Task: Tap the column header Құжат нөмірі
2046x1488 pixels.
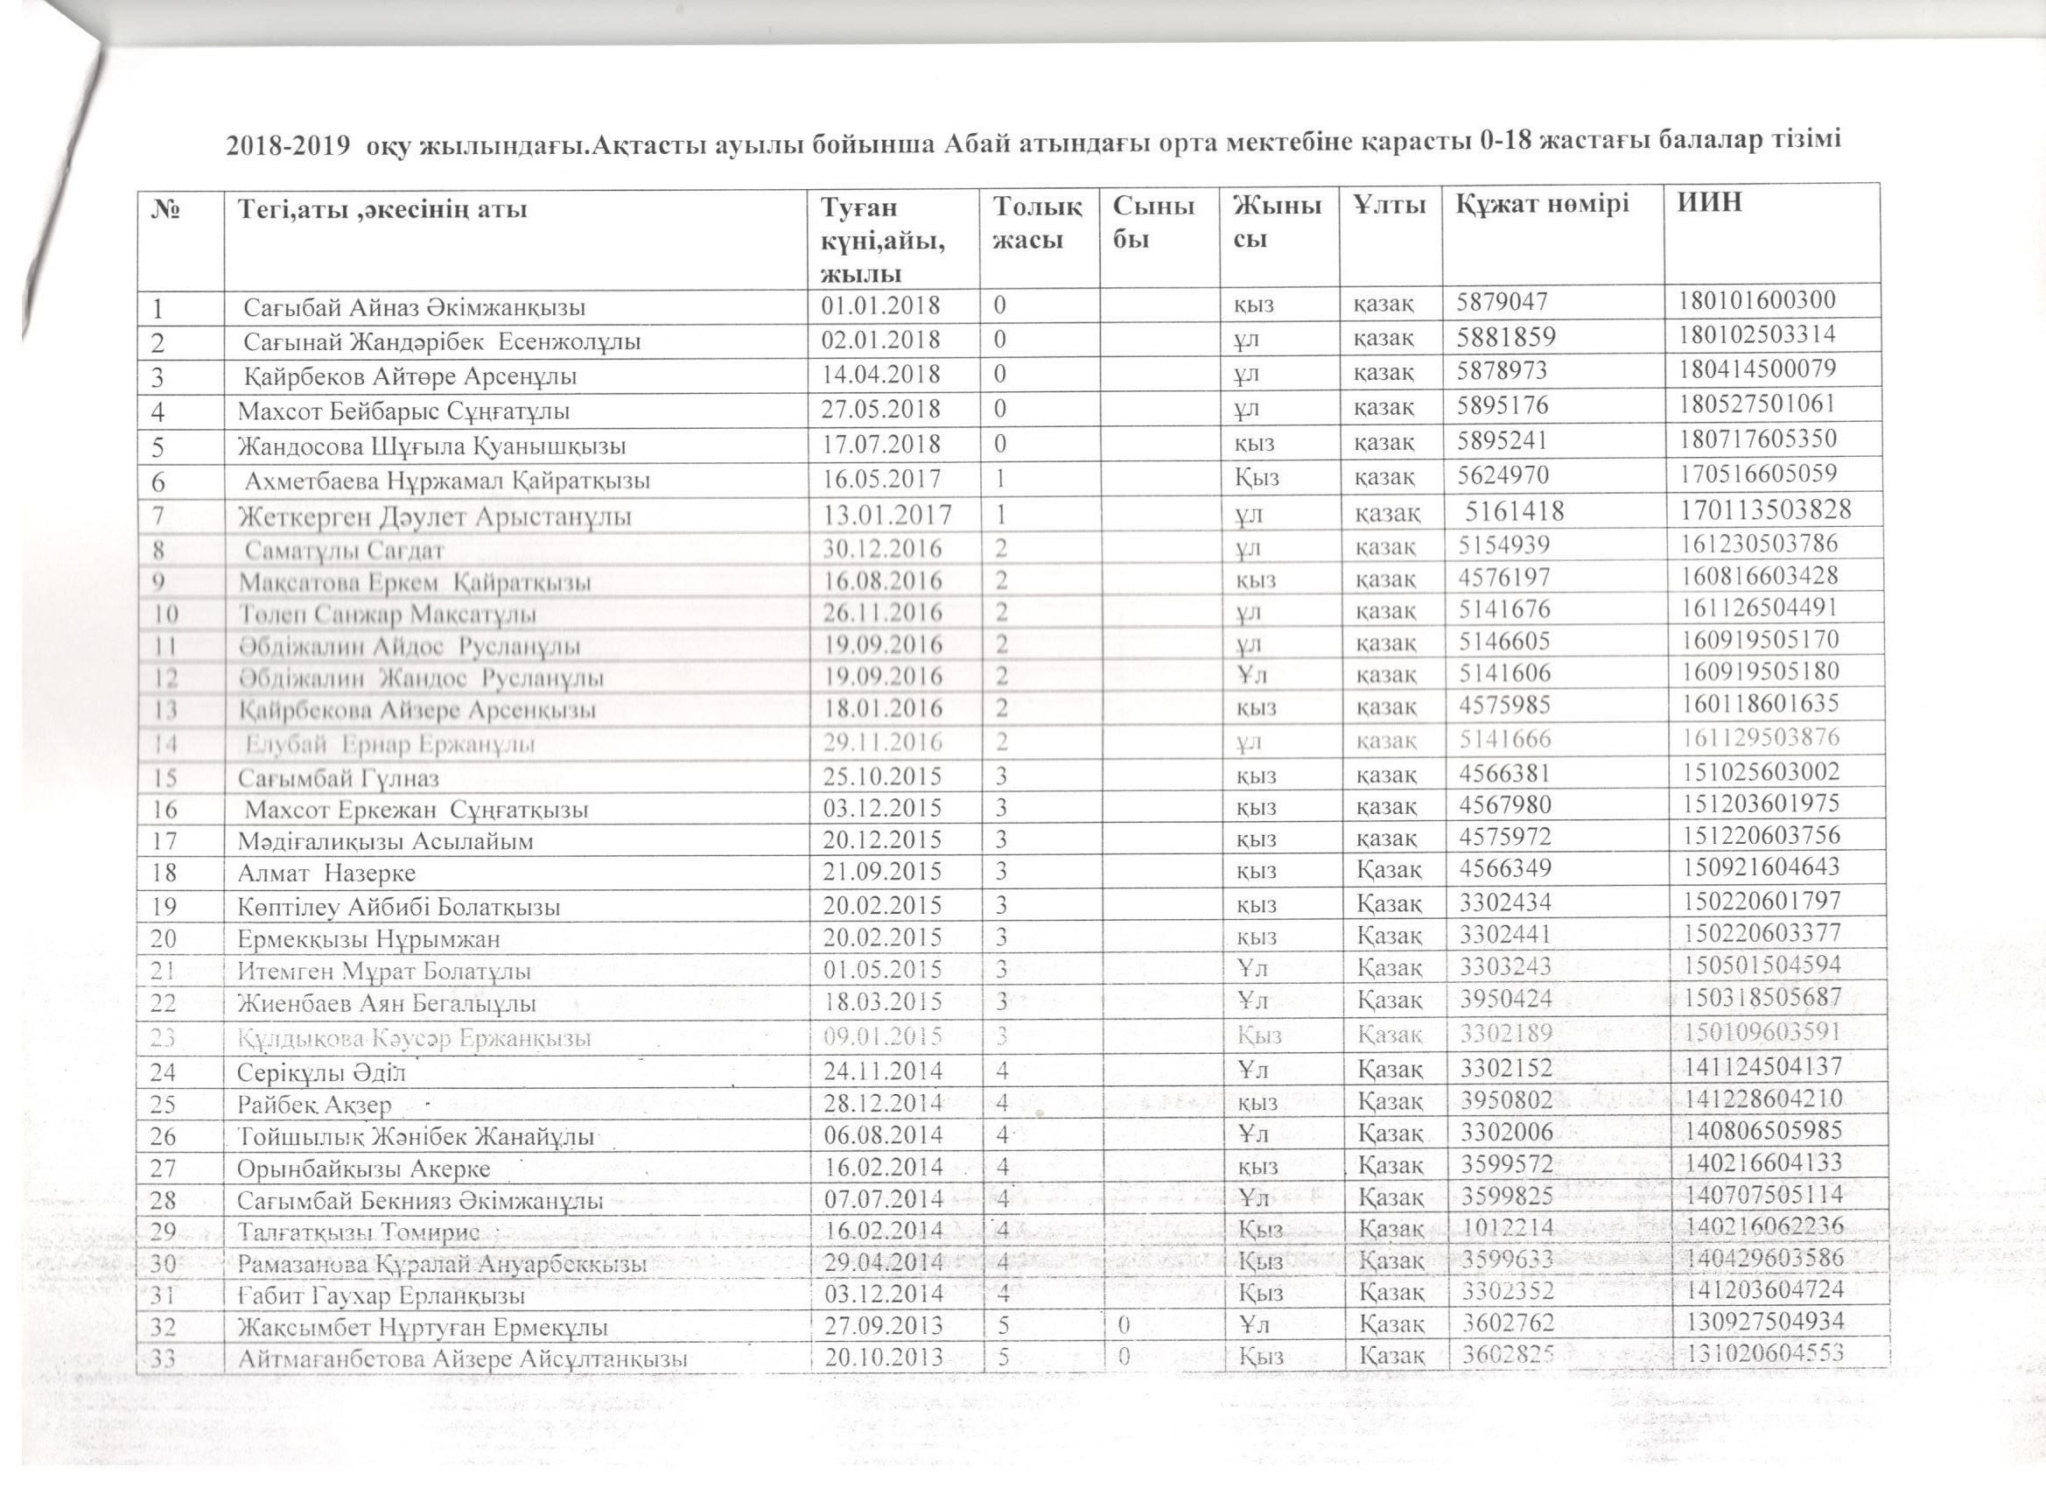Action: click(x=1542, y=204)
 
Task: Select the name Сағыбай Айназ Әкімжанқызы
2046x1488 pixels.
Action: click(x=415, y=308)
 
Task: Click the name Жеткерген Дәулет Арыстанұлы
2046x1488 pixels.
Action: click(x=434, y=517)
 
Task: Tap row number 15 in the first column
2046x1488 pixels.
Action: click(x=164, y=777)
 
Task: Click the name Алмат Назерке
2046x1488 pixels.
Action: click(x=326, y=874)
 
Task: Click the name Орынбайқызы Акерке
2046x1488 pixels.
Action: click(x=363, y=1169)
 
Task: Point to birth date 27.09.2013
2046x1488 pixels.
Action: click(x=882, y=1325)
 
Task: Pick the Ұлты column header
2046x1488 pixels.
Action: click(x=1390, y=205)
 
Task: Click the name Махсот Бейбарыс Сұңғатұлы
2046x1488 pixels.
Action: click(x=403, y=412)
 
